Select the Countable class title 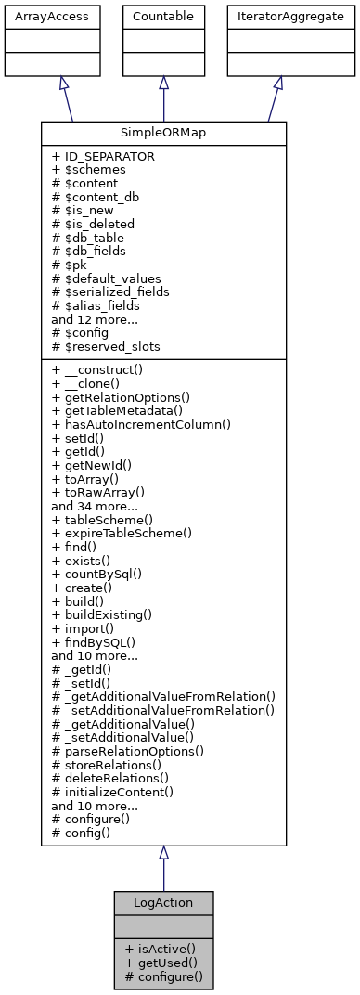pos(163,17)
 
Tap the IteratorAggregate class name pos(277,17)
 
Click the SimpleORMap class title pos(163,133)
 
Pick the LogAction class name pos(163,903)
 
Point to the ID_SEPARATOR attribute pos(103,157)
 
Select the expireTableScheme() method pos(122,533)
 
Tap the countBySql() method pos(96,574)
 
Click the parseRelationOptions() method pos(128,750)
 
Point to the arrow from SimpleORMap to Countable pos(163,99)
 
